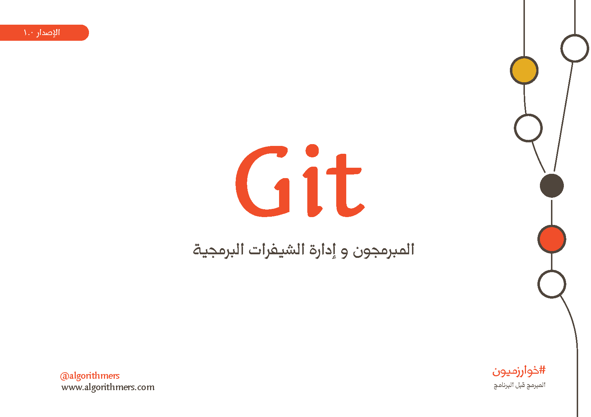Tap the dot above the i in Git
pos(312,151)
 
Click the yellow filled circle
pos(524,70)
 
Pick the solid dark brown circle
pos(552,185)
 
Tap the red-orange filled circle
pos(552,239)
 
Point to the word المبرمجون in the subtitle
pos(384,250)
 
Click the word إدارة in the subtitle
pos(322,250)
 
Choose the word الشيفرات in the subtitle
pos(277,250)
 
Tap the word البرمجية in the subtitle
pos(218,250)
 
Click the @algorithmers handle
pos(90,376)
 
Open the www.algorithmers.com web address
pos(108,387)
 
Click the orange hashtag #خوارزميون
pos(519,371)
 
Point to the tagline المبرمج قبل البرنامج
pos(520,385)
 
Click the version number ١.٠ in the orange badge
pos(28,33)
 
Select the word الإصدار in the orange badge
pos(48,33)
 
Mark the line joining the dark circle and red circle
pos(552,212)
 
